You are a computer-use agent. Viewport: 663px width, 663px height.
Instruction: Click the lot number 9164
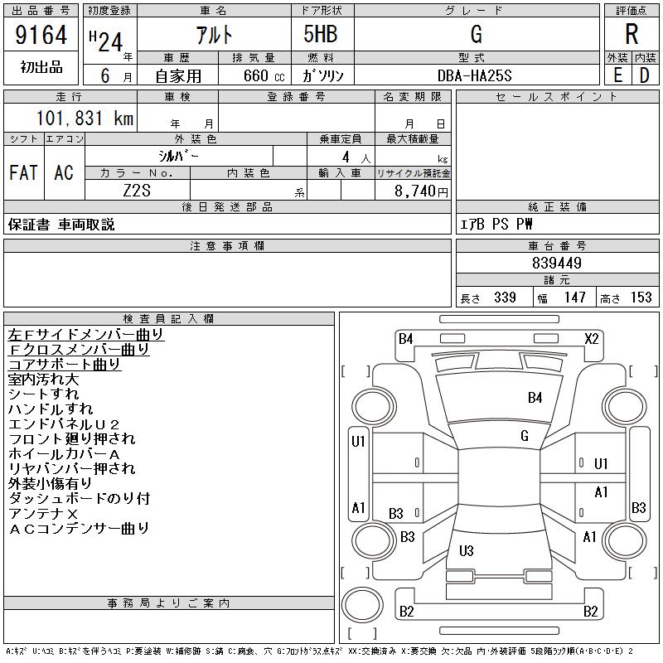[x=41, y=35]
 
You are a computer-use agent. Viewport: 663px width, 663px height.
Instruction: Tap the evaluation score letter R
[x=632, y=34]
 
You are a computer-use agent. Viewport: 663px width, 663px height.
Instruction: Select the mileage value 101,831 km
[x=85, y=118]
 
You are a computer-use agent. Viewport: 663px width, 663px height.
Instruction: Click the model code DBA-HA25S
[x=474, y=75]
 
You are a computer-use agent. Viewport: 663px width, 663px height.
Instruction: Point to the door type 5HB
[x=321, y=34]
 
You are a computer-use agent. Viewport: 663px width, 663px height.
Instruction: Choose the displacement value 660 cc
[x=264, y=75]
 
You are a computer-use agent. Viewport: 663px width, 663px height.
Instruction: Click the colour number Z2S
[x=137, y=191]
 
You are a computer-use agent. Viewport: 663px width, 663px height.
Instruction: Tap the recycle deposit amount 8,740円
[x=421, y=191]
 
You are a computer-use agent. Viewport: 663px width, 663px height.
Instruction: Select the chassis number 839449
[x=557, y=263]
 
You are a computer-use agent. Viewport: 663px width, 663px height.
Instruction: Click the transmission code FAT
[x=23, y=172]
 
